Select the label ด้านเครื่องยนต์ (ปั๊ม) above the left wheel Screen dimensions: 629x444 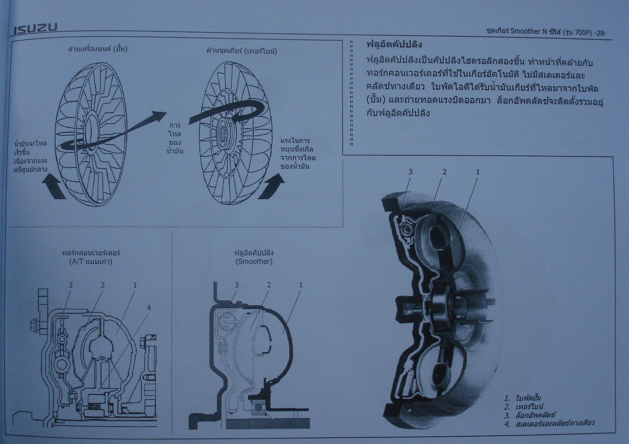point(98,49)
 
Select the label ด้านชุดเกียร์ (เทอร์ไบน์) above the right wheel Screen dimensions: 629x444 point(242,51)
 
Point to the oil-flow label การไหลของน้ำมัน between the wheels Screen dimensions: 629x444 point(175,138)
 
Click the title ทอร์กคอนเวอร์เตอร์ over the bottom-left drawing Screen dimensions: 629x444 point(91,253)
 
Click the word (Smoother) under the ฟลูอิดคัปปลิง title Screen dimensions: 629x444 point(254,261)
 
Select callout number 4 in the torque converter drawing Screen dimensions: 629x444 point(149,307)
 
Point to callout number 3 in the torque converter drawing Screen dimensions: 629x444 point(71,285)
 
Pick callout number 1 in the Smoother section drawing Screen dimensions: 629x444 point(301,285)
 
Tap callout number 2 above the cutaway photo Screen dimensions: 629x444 point(444,172)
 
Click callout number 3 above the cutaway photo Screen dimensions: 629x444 point(410,172)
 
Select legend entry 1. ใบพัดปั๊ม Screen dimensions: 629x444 point(523,398)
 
